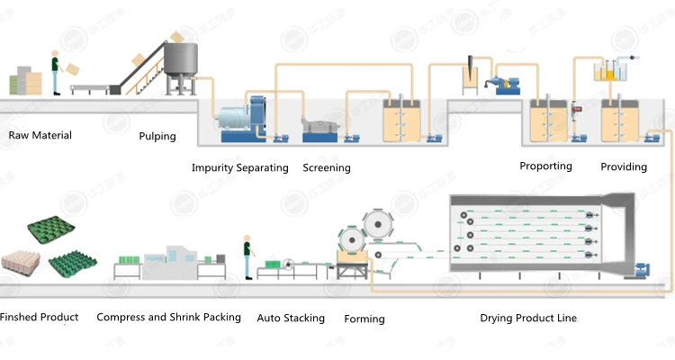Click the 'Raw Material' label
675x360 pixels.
[x=40, y=136]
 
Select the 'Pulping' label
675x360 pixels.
[x=157, y=137]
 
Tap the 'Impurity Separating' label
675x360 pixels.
[x=240, y=167]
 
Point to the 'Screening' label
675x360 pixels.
[x=327, y=167]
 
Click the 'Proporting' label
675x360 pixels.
[x=545, y=166]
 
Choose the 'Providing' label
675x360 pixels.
[x=624, y=166]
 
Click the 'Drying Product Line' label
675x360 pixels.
[x=528, y=318]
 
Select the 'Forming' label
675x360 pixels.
[x=364, y=319]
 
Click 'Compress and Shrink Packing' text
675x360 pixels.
[x=168, y=317]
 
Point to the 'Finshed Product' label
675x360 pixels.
[x=39, y=317]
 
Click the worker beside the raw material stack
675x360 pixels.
[x=56, y=73]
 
